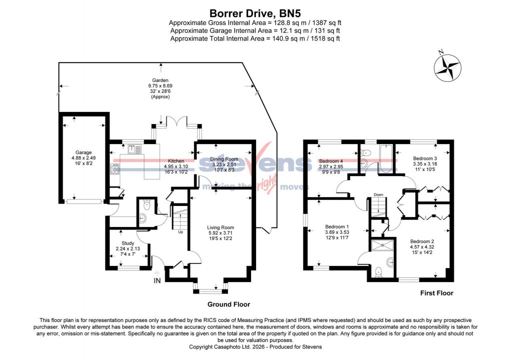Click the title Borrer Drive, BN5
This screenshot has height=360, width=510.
[x=254, y=13]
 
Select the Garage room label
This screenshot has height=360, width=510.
[x=83, y=152]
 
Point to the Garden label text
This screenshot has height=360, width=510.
[x=160, y=80]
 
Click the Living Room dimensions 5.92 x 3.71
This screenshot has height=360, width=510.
[x=220, y=233]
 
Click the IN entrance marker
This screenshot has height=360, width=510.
[x=157, y=281]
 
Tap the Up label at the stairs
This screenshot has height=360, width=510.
[x=180, y=231]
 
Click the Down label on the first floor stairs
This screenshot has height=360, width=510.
[x=378, y=195]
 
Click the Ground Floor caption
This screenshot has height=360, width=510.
[x=228, y=304]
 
